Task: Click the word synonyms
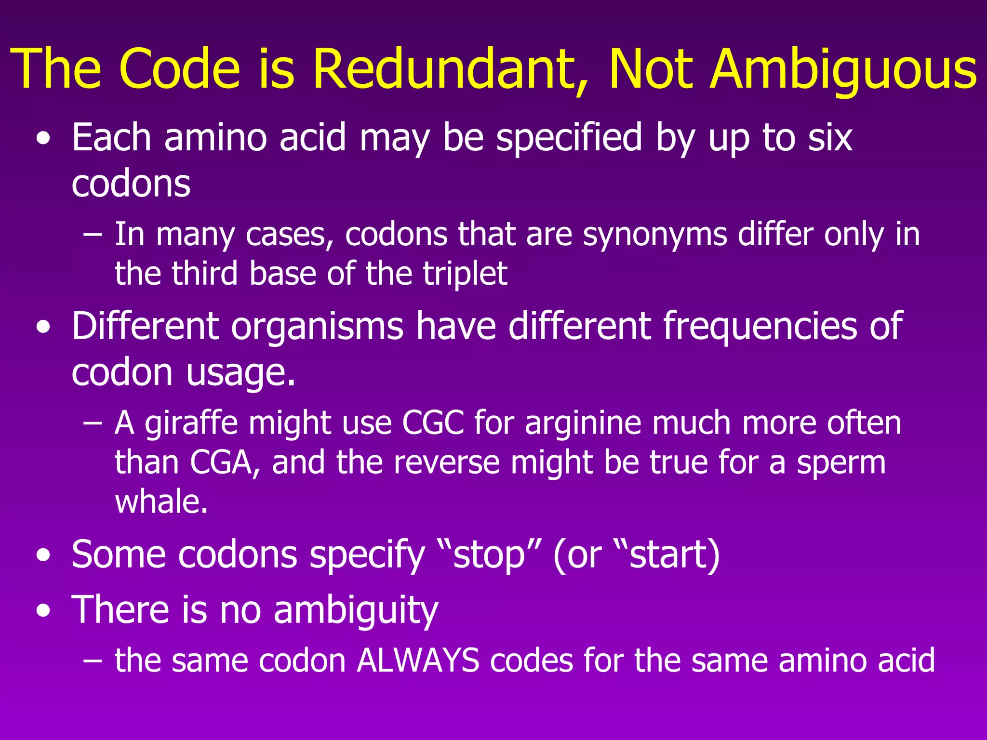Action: (x=655, y=235)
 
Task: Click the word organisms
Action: (x=317, y=327)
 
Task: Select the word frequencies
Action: (x=760, y=327)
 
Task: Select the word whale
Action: (x=161, y=502)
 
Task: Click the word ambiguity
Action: (x=356, y=610)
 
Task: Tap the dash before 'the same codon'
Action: (x=92, y=661)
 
